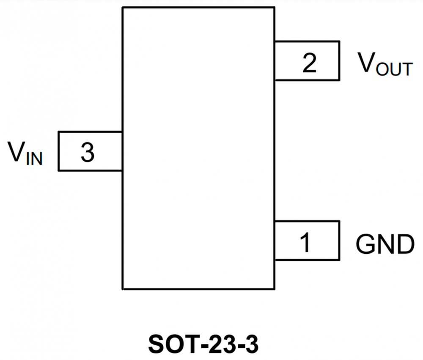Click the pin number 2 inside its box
pyautogui.click(x=309, y=63)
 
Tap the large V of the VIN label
pyautogui.click(x=16, y=152)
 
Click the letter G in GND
pyautogui.click(x=365, y=244)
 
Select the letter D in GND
pyautogui.click(x=404, y=244)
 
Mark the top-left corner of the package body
pyautogui.click(x=123, y=7)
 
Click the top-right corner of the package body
pyautogui.click(x=275, y=7)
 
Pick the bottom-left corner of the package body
pyautogui.click(x=123, y=289)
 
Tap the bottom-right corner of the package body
pyautogui.click(x=275, y=289)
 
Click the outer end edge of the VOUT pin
pyautogui.click(x=339, y=60)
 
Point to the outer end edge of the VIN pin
pyautogui.click(x=58, y=151)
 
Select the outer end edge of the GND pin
pyautogui.click(x=339, y=240)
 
